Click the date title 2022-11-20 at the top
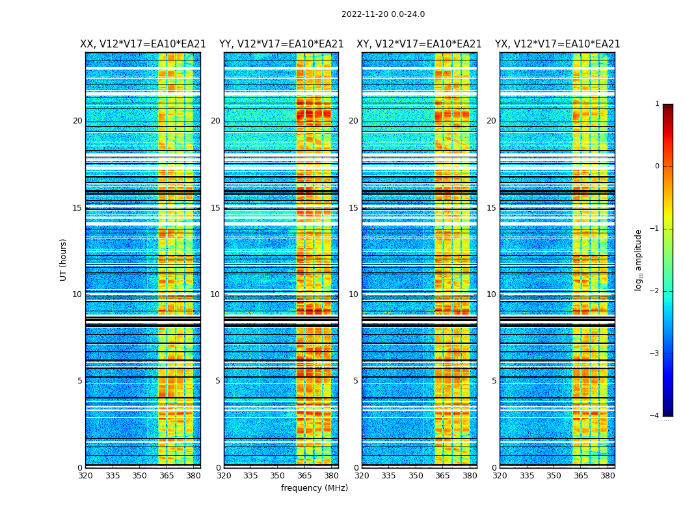(x=382, y=14)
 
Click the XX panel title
(x=143, y=44)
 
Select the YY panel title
(x=281, y=44)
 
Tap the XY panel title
(x=419, y=44)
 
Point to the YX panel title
(x=557, y=44)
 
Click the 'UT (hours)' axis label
(x=64, y=259)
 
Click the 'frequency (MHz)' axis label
(x=314, y=488)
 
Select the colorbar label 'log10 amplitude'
(x=639, y=259)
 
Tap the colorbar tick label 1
(x=657, y=104)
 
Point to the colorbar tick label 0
(x=657, y=166)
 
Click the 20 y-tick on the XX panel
(x=77, y=121)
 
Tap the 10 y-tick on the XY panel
(x=353, y=294)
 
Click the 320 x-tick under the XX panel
(x=86, y=475)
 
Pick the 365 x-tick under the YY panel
(x=304, y=475)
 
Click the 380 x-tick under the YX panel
(x=608, y=475)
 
